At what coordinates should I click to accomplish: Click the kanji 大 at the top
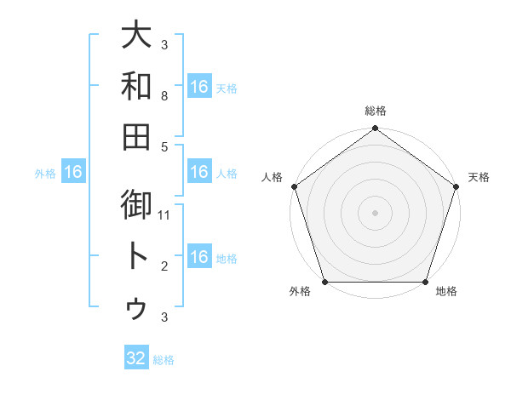coord(136,37)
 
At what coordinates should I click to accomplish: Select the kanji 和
coord(136,86)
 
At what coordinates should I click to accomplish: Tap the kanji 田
coord(136,135)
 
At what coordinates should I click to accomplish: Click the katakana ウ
coord(136,307)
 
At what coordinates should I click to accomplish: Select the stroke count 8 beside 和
coord(164,97)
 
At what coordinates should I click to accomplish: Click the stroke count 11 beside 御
coord(164,215)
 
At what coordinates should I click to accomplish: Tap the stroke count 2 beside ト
coord(164,266)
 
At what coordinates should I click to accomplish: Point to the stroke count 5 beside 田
coord(164,146)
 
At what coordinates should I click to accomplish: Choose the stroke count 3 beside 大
coord(164,45)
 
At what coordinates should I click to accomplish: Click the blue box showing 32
coord(136,358)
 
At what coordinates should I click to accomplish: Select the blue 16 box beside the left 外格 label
coord(73,173)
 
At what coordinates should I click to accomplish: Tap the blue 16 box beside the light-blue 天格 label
coord(199,87)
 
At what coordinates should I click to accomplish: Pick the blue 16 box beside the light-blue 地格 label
coord(199,257)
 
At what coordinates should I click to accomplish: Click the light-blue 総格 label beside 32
coord(164,360)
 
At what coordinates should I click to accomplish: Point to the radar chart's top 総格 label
coord(376,111)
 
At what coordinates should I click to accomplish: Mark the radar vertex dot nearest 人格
coord(294,186)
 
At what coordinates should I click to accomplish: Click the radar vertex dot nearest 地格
coord(426,282)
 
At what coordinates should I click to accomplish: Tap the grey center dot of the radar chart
coord(376,213)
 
